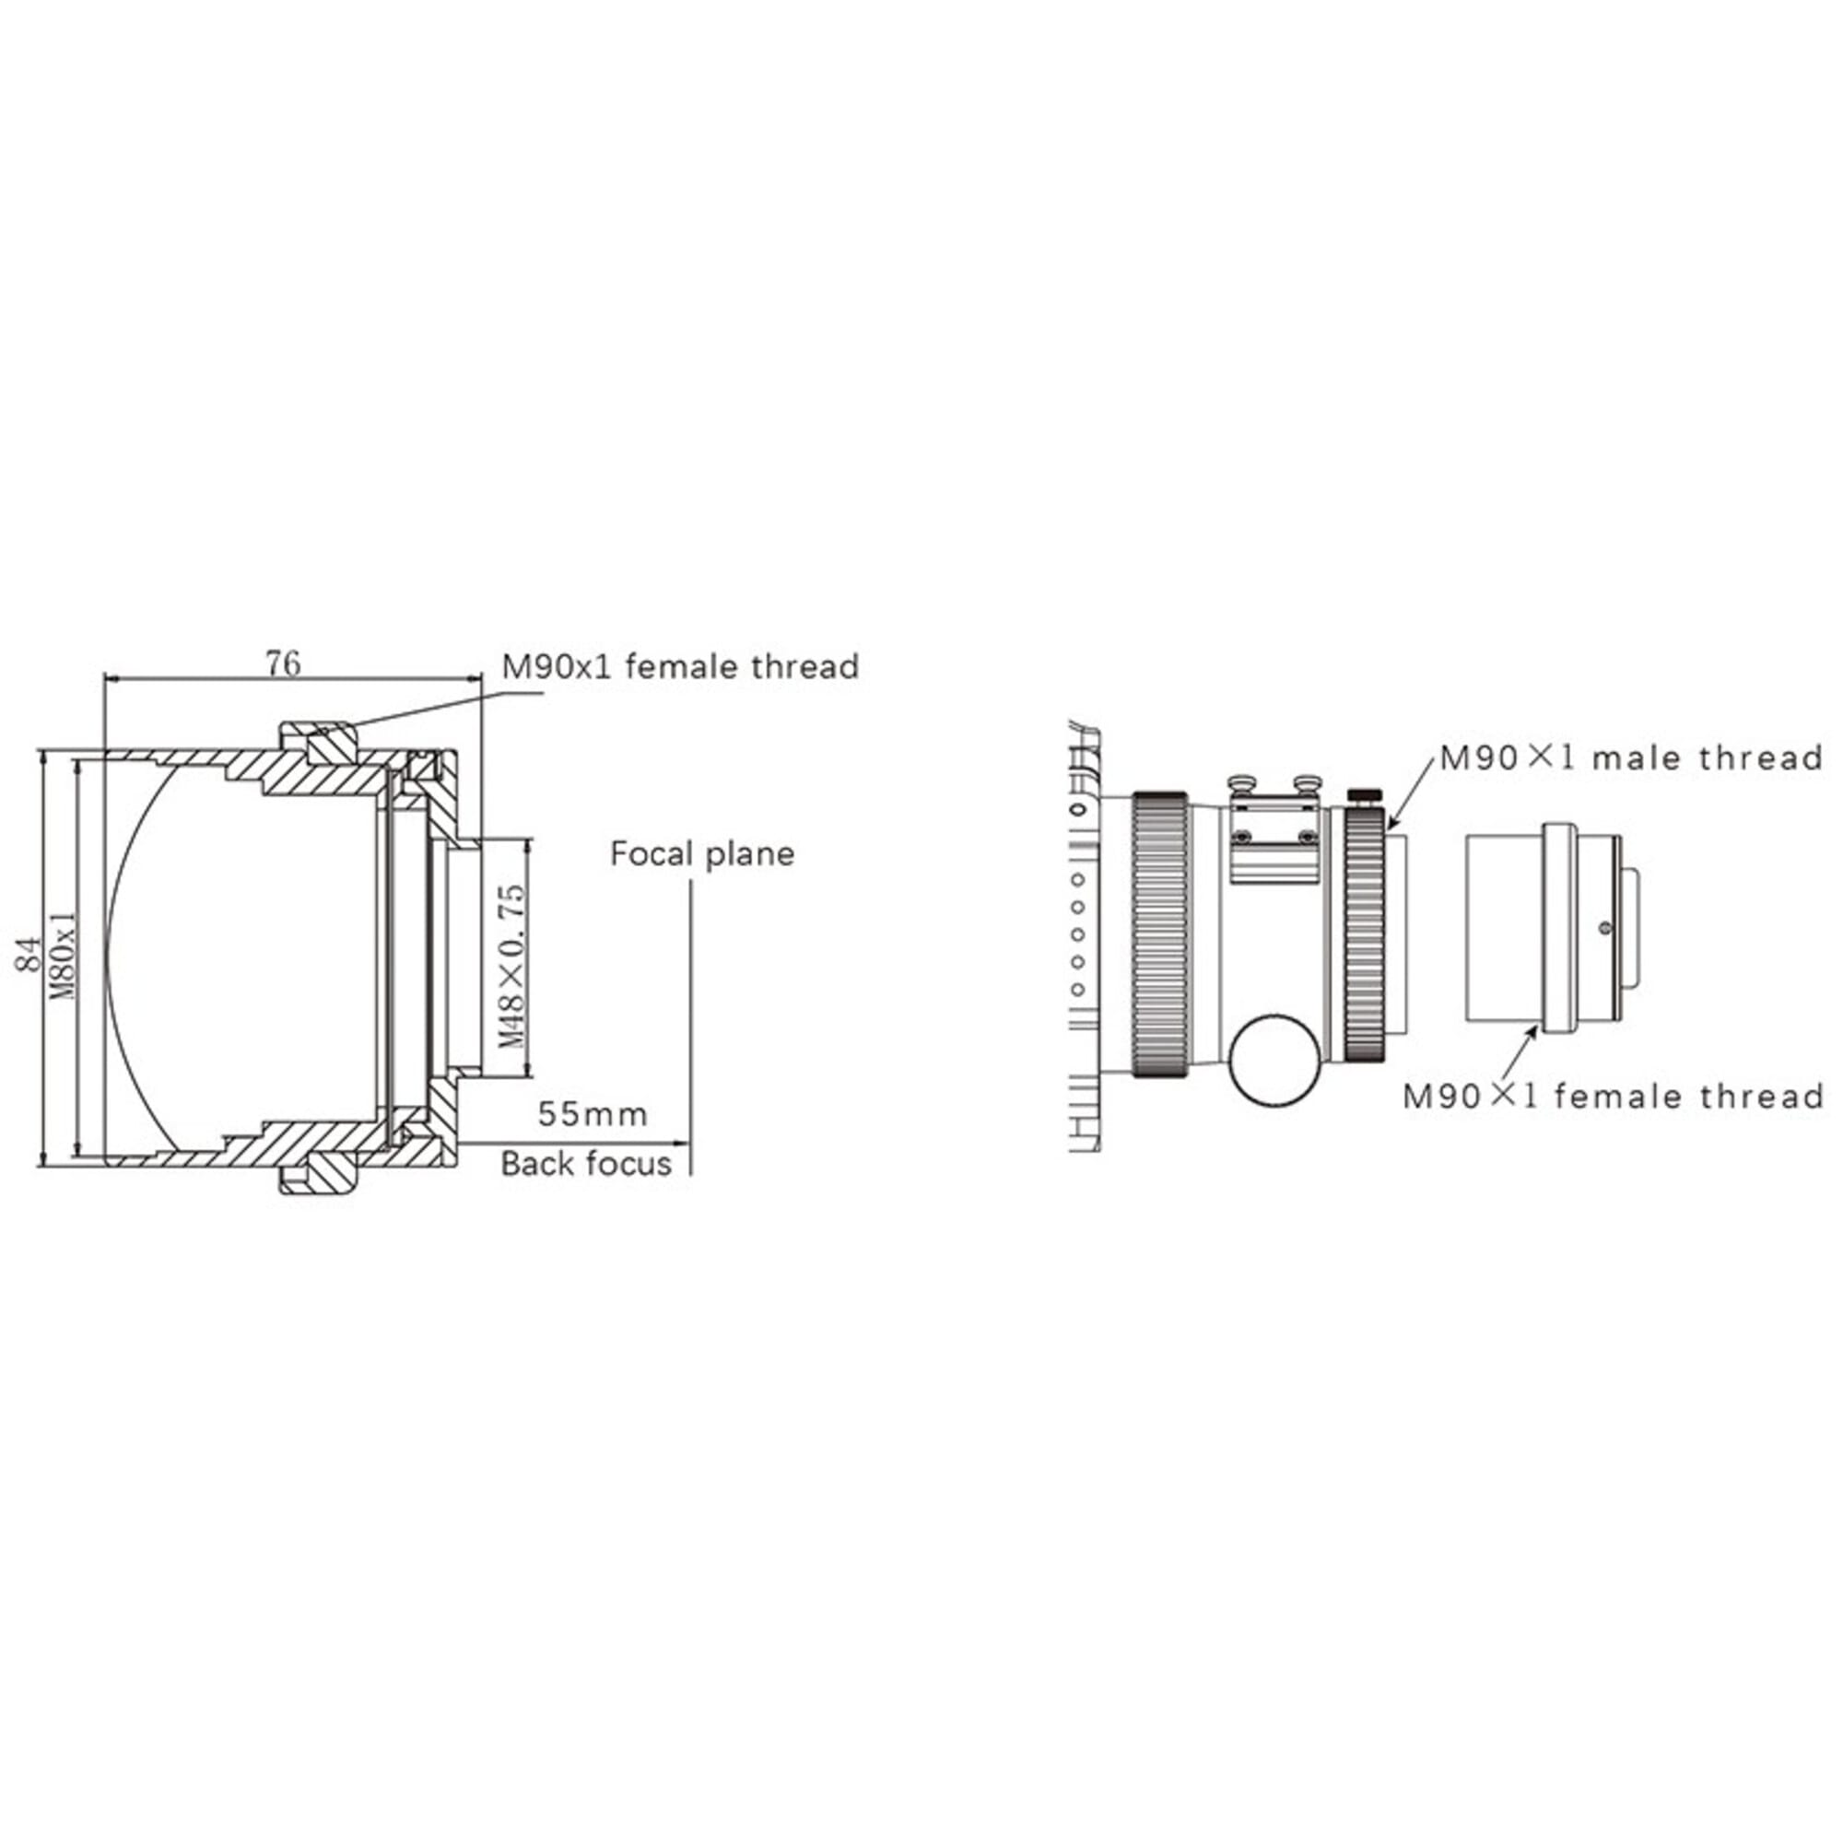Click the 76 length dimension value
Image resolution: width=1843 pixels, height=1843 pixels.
tap(283, 663)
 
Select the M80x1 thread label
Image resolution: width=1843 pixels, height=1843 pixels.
tap(63, 953)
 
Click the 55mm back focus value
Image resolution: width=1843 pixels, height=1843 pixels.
tap(593, 1113)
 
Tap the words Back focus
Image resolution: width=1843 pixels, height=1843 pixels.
tap(587, 1164)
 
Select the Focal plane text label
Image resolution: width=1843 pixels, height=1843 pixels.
tap(702, 854)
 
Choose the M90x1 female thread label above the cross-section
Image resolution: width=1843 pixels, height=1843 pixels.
tap(680, 666)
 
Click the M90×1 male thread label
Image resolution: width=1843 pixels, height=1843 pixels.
tap(1632, 758)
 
